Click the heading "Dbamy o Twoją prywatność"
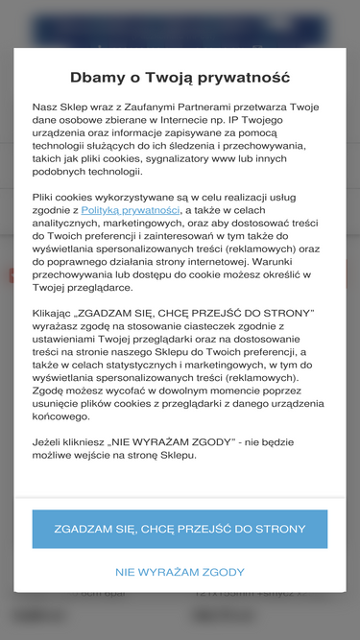(x=180, y=78)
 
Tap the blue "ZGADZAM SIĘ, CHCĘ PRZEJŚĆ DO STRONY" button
(x=180, y=529)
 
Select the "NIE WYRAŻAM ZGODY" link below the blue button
(x=180, y=572)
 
